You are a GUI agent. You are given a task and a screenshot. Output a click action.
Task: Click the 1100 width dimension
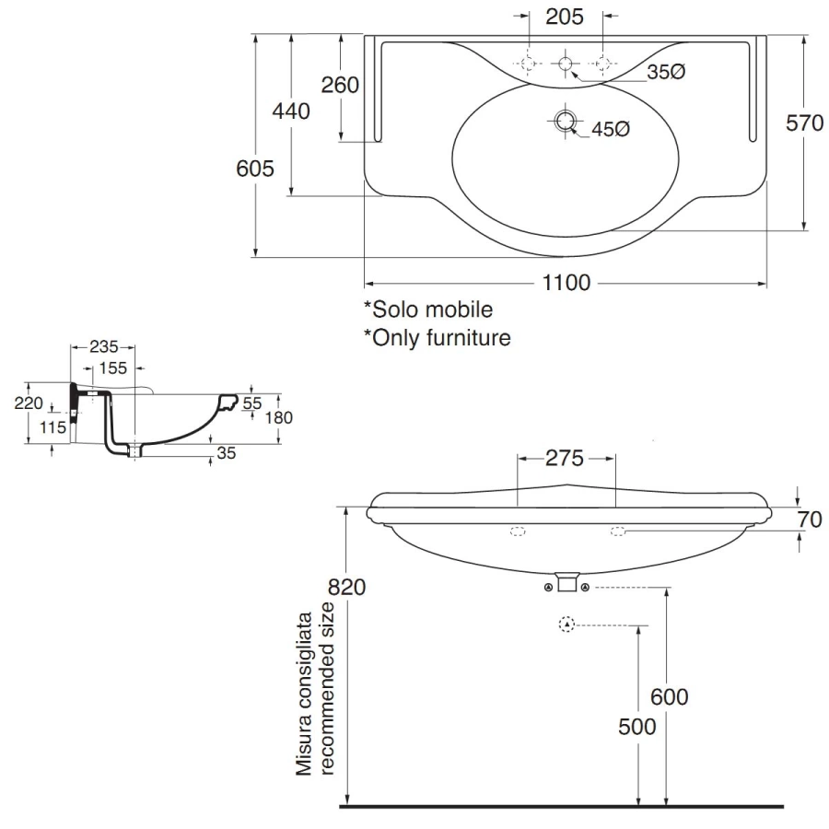[566, 283]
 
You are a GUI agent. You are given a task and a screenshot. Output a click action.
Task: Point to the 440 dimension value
[291, 111]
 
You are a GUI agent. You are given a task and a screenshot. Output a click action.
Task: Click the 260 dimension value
[339, 85]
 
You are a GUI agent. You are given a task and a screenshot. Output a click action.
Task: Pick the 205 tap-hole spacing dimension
[566, 16]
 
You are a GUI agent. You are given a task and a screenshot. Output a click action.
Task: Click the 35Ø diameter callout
[665, 72]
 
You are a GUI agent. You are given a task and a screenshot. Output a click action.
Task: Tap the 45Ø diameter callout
[610, 130]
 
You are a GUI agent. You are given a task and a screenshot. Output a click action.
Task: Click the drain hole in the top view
[565, 120]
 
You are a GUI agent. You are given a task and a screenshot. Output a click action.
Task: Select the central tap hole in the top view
[566, 63]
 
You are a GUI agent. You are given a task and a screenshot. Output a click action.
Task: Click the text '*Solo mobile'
[427, 309]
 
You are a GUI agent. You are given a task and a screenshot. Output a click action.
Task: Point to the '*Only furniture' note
[437, 337]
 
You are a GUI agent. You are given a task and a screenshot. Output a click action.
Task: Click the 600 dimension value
[669, 697]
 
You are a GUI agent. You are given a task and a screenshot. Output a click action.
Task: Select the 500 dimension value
[637, 727]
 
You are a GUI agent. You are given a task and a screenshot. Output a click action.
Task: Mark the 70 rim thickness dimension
[809, 519]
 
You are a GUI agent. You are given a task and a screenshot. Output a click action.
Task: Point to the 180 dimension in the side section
[278, 417]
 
